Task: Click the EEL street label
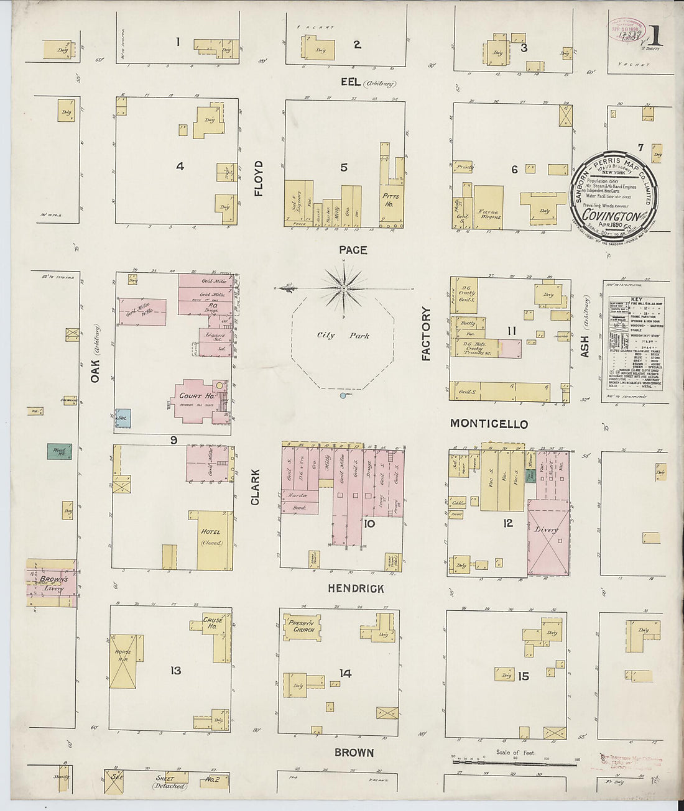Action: tap(351, 82)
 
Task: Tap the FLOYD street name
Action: tap(258, 178)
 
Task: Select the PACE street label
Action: tap(353, 250)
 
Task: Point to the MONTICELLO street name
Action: tap(489, 424)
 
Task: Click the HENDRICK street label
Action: tap(356, 588)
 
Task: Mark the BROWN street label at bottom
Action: tap(354, 753)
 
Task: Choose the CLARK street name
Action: tap(256, 487)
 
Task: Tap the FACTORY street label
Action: tap(426, 334)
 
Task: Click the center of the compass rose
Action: tap(343, 289)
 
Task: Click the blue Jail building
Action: tap(122, 418)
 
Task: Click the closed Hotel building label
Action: tap(211, 537)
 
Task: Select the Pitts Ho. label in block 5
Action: tap(392, 199)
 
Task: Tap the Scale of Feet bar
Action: tap(515, 759)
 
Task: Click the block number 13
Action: tap(176, 671)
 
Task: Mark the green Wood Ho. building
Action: tap(59, 451)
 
